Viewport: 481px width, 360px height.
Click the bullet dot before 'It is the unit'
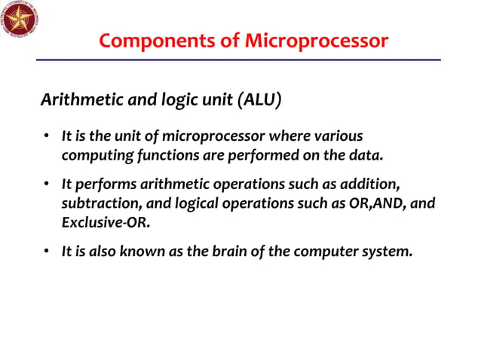(46, 137)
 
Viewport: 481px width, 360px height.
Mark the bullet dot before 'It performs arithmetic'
(46, 185)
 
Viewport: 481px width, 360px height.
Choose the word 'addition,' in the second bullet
(381, 185)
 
